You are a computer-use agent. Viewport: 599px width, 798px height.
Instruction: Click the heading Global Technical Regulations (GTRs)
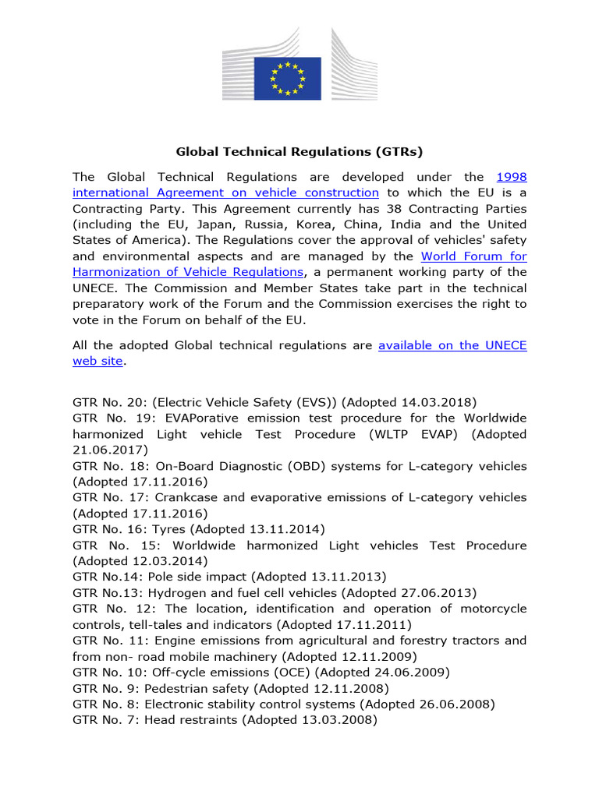pyautogui.click(x=299, y=151)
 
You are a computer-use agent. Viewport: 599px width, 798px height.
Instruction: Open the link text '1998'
pyautogui.click(x=511, y=177)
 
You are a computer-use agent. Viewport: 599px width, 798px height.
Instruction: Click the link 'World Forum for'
pyautogui.click(x=473, y=256)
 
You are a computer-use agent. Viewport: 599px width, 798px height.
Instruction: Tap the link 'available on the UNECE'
pyautogui.click(x=452, y=345)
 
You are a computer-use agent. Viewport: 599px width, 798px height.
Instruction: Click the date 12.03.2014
pyautogui.click(x=165, y=561)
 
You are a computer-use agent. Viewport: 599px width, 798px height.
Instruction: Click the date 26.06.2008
pyautogui.click(x=458, y=704)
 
